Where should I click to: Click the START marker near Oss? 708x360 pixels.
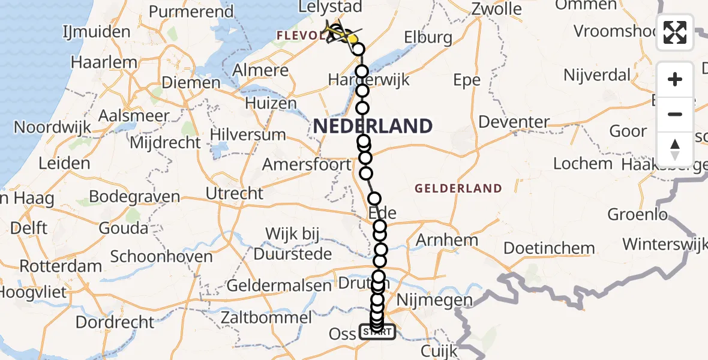tap(377, 332)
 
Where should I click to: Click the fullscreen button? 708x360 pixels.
tap(675, 32)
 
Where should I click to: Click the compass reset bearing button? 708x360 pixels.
tap(675, 149)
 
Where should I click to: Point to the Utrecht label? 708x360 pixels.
tap(234, 193)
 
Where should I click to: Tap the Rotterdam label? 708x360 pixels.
tap(61, 266)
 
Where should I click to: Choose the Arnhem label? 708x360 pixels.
tap(446, 241)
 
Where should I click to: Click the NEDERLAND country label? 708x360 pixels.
tap(372, 126)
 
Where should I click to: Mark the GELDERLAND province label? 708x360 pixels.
tap(458, 188)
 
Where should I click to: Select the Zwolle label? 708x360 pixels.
tap(497, 9)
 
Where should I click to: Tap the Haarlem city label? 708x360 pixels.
tap(97, 62)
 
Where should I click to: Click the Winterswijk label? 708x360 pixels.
tap(665, 245)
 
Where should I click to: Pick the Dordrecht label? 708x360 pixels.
tap(115, 322)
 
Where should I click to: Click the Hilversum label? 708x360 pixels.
tap(248, 134)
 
